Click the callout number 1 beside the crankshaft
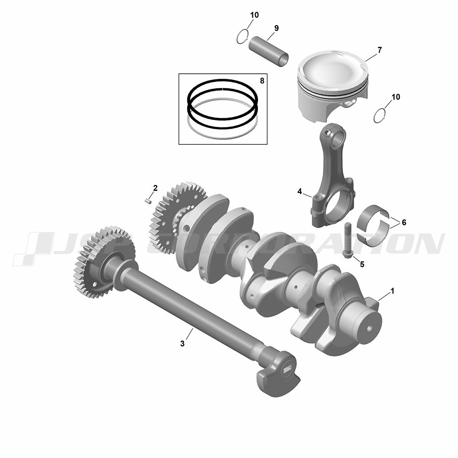click(393, 291)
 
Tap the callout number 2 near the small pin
click(155, 188)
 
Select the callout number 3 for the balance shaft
click(182, 344)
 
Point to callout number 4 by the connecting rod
click(300, 191)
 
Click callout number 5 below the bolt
click(362, 264)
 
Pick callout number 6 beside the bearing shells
click(404, 223)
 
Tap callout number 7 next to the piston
click(379, 50)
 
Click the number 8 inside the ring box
click(262, 81)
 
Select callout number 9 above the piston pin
click(276, 28)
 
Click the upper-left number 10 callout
click(254, 15)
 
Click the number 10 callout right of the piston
click(396, 97)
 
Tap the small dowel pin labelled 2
click(148, 201)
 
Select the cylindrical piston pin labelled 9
click(268, 51)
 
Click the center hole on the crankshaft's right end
click(369, 328)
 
